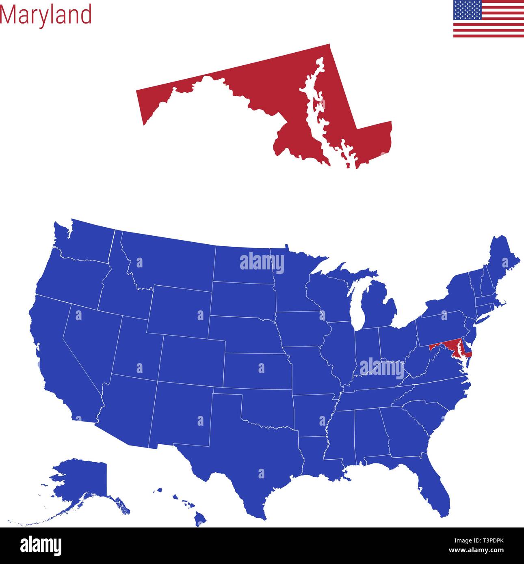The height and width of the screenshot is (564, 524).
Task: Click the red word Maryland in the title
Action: pyautogui.click(x=46, y=15)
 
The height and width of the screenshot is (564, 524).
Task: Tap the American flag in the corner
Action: pyautogui.click(x=488, y=19)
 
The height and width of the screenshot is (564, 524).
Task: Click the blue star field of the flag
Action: pyautogui.click(x=468, y=10)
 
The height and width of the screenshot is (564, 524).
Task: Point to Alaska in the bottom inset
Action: pyautogui.click(x=85, y=483)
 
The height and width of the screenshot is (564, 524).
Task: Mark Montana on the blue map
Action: pyautogui.click(x=171, y=260)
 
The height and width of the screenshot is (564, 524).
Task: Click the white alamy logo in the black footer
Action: pyautogui.click(x=41, y=545)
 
